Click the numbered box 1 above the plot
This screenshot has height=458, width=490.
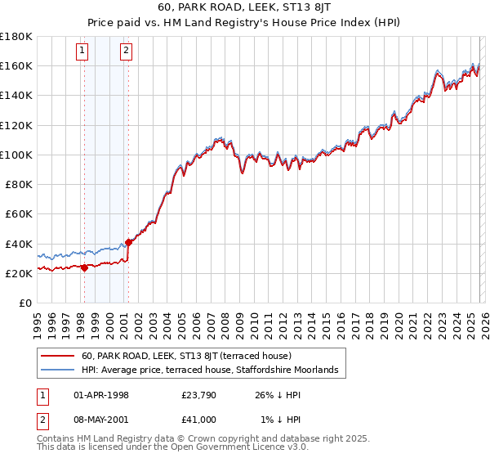pyautogui.click(x=83, y=52)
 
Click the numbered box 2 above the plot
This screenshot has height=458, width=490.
pyautogui.click(x=127, y=52)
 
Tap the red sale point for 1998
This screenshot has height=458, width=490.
pyautogui.click(x=84, y=267)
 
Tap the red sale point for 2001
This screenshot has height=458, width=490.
pyautogui.click(x=128, y=242)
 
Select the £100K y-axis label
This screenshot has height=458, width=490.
pyautogui.click(x=16, y=155)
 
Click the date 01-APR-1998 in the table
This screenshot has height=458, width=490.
pyautogui.click(x=101, y=395)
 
